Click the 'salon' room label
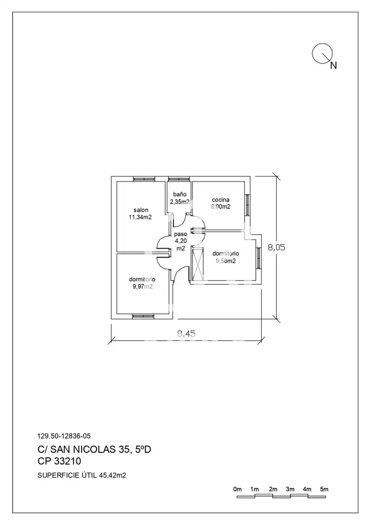(141, 210)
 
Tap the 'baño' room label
(180, 194)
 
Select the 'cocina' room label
(221, 200)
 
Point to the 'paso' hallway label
(181, 234)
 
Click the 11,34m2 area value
(140, 217)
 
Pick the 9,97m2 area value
(143, 286)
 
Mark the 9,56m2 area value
(226, 261)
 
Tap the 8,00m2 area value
(221, 207)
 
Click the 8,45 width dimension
(186, 334)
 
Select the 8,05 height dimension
(276, 247)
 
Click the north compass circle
(323, 53)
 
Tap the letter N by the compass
(333, 65)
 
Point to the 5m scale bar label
(324, 489)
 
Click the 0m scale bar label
(237, 489)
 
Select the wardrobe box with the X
(198, 264)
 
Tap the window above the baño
(179, 179)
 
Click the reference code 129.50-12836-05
(64, 436)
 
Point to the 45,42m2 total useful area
(112, 476)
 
